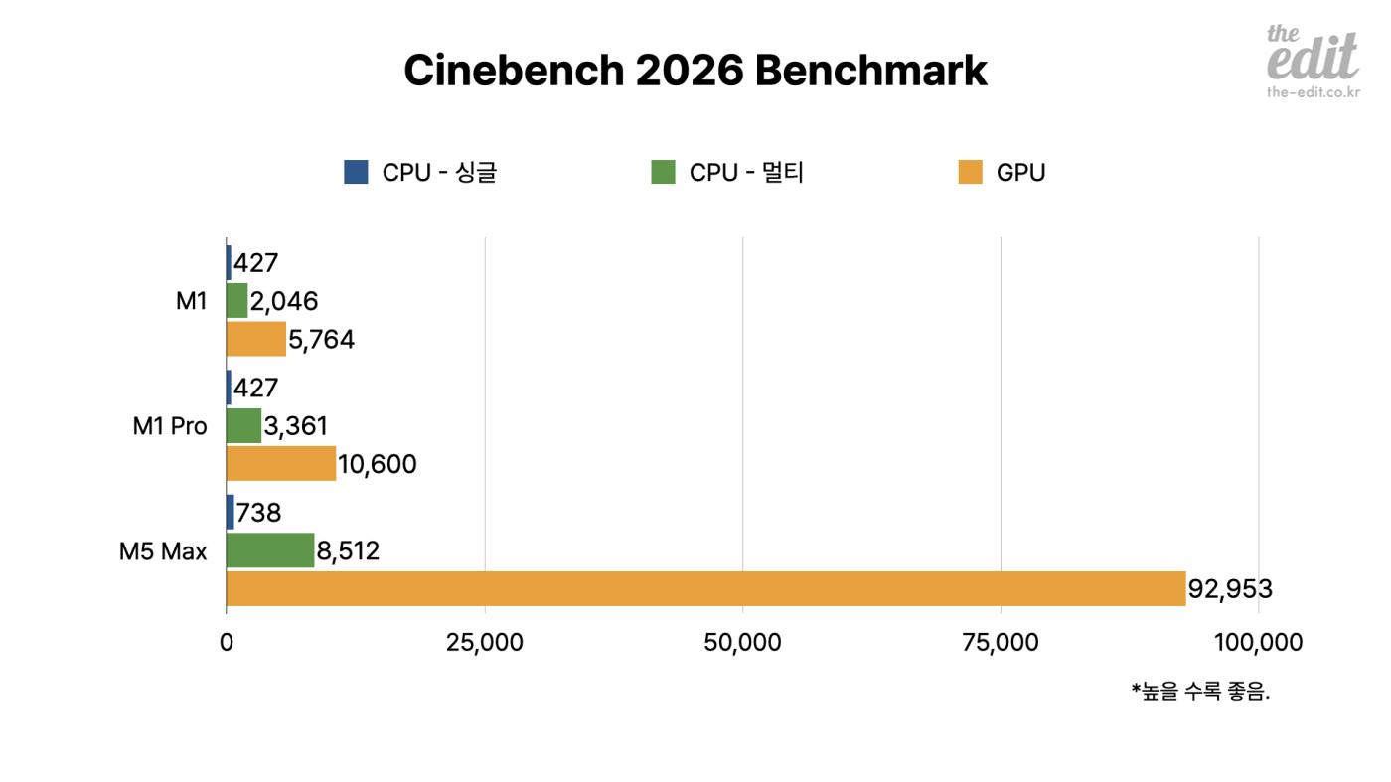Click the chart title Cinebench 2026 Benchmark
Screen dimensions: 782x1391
[x=695, y=72]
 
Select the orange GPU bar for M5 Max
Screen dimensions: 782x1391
[x=705, y=588]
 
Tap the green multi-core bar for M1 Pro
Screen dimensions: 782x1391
[x=243, y=426]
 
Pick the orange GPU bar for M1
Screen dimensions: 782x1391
[x=255, y=339]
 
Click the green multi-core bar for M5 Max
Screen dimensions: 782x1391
[x=270, y=550]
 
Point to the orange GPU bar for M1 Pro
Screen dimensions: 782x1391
[x=281, y=464]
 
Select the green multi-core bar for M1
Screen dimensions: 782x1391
[x=236, y=301]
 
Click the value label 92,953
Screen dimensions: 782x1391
[x=1230, y=589]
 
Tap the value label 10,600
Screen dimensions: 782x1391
[x=377, y=464]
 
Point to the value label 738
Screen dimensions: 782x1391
[x=258, y=513]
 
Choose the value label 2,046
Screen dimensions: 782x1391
[x=284, y=301]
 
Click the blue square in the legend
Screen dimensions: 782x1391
[x=356, y=172]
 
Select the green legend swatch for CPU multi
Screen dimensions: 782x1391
[x=663, y=172]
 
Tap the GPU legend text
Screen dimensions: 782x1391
[x=1020, y=173]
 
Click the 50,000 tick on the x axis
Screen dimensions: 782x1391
[x=742, y=643]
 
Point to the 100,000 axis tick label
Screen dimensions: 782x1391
[x=1258, y=643]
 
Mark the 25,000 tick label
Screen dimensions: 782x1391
[x=484, y=643]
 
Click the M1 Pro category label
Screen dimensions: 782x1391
[x=170, y=426]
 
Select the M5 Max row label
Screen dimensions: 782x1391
[x=163, y=551]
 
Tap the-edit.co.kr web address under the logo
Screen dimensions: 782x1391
[x=1313, y=92]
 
